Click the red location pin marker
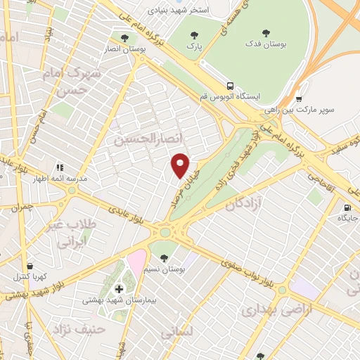(181, 165)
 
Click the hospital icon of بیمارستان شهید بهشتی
(118, 288)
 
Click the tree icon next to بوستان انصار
(125, 38)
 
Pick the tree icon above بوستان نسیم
(164, 257)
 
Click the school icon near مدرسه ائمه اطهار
(60, 167)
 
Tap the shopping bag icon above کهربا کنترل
(30, 266)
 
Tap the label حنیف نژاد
(83, 328)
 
